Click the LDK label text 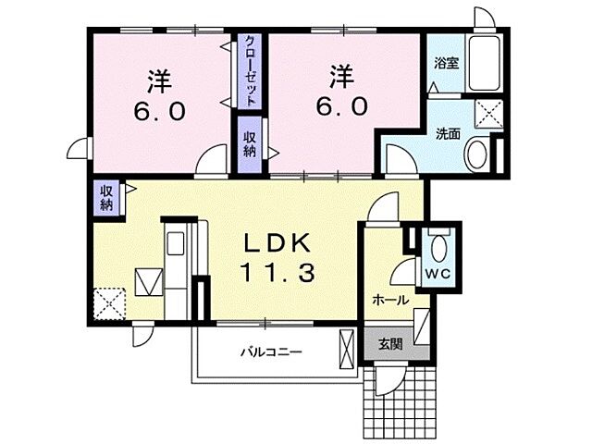[277, 243]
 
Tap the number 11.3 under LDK [277, 273]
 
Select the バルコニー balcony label [271, 352]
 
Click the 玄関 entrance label [390, 344]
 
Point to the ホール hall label [390, 301]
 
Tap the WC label [438, 274]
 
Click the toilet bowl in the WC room [438, 248]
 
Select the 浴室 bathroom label [446, 63]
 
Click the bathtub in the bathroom [485, 63]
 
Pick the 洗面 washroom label [448, 134]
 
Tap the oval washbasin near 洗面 [477, 154]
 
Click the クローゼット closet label [250, 70]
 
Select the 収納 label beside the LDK [106, 198]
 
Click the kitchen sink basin [176, 243]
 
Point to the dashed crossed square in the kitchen [109, 304]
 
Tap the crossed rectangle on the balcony [348, 350]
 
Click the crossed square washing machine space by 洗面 [488, 114]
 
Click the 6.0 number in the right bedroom [342, 106]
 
